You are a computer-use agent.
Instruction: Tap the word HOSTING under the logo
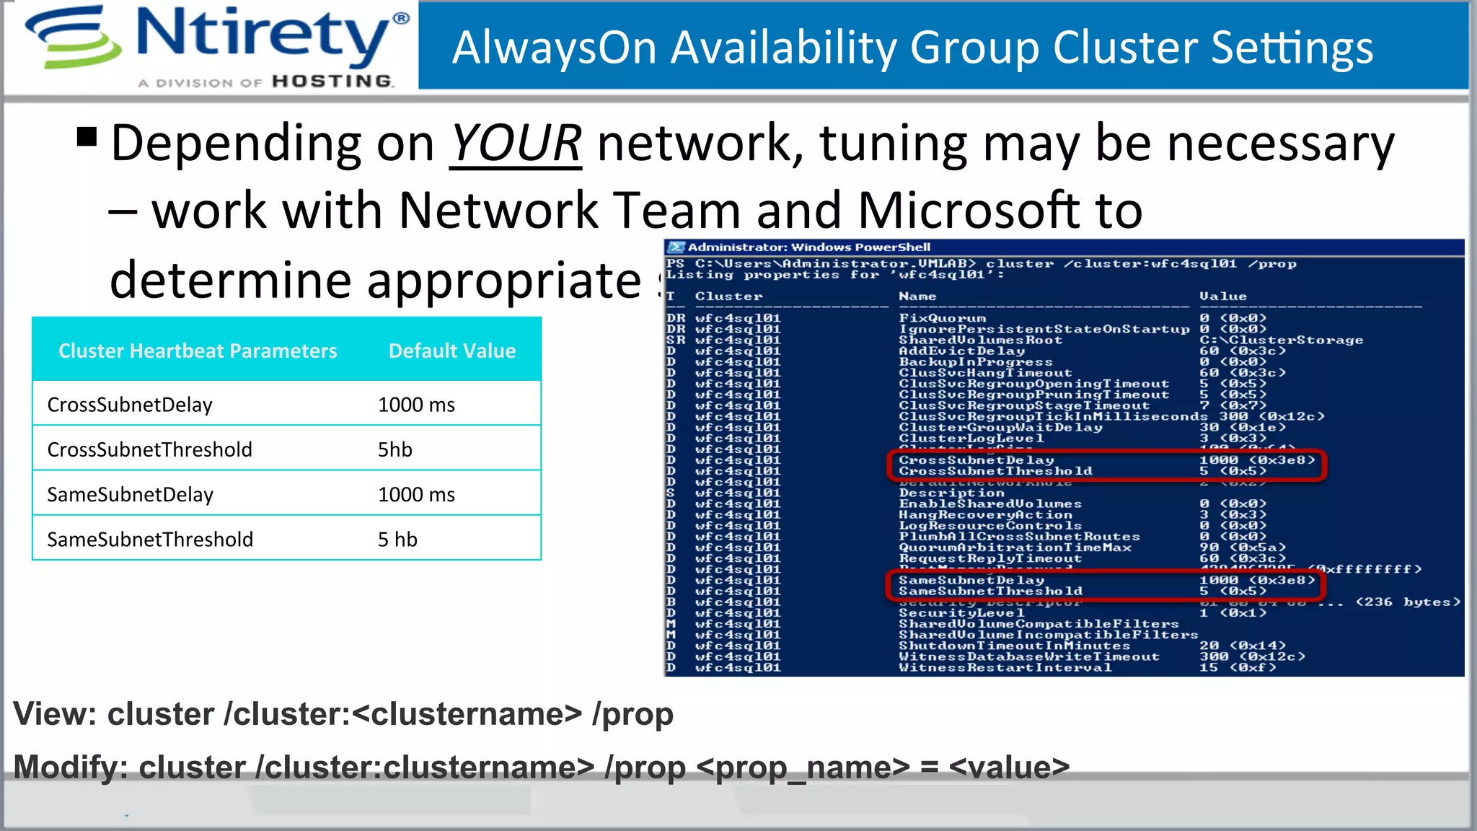[x=332, y=82]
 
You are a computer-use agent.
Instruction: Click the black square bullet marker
[x=87, y=136]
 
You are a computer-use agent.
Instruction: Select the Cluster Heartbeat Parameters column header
[x=198, y=351]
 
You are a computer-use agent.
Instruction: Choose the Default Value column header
[x=452, y=351]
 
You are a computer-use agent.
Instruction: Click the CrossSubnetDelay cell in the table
[x=130, y=405]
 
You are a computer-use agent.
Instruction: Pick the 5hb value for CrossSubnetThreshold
[x=395, y=449]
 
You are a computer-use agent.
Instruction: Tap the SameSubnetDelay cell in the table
[x=131, y=495]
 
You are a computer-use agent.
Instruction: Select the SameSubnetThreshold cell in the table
[x=150, y=540]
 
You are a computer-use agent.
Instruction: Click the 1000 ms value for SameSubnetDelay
[x=416, y=495]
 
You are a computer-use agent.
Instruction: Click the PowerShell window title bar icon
[x=676, y=247]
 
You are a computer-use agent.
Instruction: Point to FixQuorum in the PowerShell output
[x=942, y=318]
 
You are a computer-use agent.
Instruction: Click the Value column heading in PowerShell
[x=1222, y=296]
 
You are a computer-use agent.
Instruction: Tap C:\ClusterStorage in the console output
[x=1281, y=340]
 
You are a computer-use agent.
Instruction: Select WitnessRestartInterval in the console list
[x=1005, y=668]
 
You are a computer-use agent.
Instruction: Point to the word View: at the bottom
[x=55, y=714]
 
